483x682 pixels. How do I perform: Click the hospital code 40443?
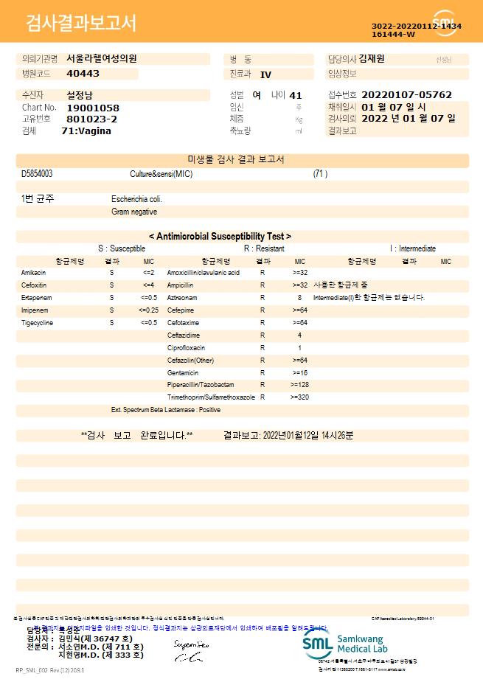[83, 74]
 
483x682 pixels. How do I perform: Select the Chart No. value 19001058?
[92, 108]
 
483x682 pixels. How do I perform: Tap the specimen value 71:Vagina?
[86, 131]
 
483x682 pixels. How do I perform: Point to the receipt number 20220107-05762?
[407, 95]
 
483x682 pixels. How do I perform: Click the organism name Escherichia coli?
[136, 199]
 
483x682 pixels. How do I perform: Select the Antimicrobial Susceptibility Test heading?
[220, 236]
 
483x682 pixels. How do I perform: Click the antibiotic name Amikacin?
[34, 273]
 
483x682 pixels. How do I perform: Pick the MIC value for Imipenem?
[148, 310]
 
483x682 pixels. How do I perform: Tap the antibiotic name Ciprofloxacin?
[186, 348]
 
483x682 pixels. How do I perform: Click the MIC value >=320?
[299, 397]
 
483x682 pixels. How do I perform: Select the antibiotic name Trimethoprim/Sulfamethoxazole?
[211, 397]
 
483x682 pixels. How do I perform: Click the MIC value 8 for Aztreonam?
[299, 298]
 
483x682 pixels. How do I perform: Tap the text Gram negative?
[133, 212]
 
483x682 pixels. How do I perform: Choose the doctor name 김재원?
[372, 59]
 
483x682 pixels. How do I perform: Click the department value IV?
[265, 74]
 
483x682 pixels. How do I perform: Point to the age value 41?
[296, 95]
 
